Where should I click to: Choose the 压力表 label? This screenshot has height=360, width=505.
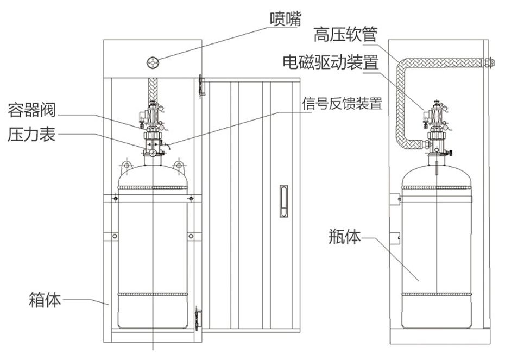point(31,134)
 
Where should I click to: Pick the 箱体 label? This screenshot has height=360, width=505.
point(45,299)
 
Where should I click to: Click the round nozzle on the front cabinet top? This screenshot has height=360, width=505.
point(154,63)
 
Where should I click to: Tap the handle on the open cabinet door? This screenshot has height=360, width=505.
point(283,201)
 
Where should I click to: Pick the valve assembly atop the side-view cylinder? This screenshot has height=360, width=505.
point(437,128)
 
